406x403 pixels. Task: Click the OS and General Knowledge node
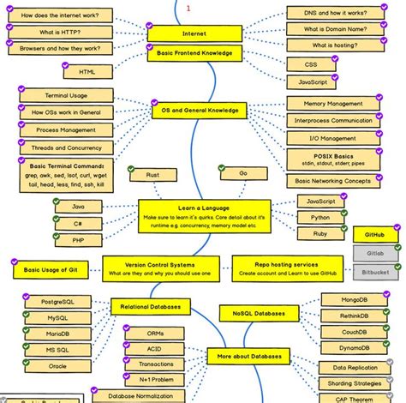tap(199, 111)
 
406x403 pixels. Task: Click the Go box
tap(243, 173)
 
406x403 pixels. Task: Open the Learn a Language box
tap(205, 213)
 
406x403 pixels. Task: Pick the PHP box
tap(77, 241)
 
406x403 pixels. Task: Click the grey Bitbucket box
tap(374, 272)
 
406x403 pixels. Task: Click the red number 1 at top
tap(188, 8)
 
